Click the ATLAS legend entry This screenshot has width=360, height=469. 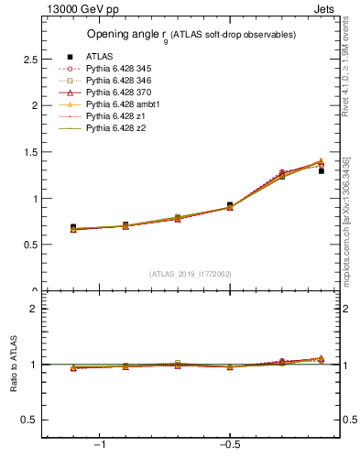tap(100, 57)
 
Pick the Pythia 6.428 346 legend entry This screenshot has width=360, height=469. tap(115, 81)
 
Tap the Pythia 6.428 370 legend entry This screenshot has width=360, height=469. tap(115, 93)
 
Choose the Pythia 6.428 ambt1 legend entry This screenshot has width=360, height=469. tap(117, 104)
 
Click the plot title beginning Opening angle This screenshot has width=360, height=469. tap(191, 35)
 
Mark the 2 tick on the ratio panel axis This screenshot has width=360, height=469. tap(34, 309)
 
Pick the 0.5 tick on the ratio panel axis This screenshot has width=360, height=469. tap(29, 420)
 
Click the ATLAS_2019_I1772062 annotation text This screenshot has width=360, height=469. tap(191, 274)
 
